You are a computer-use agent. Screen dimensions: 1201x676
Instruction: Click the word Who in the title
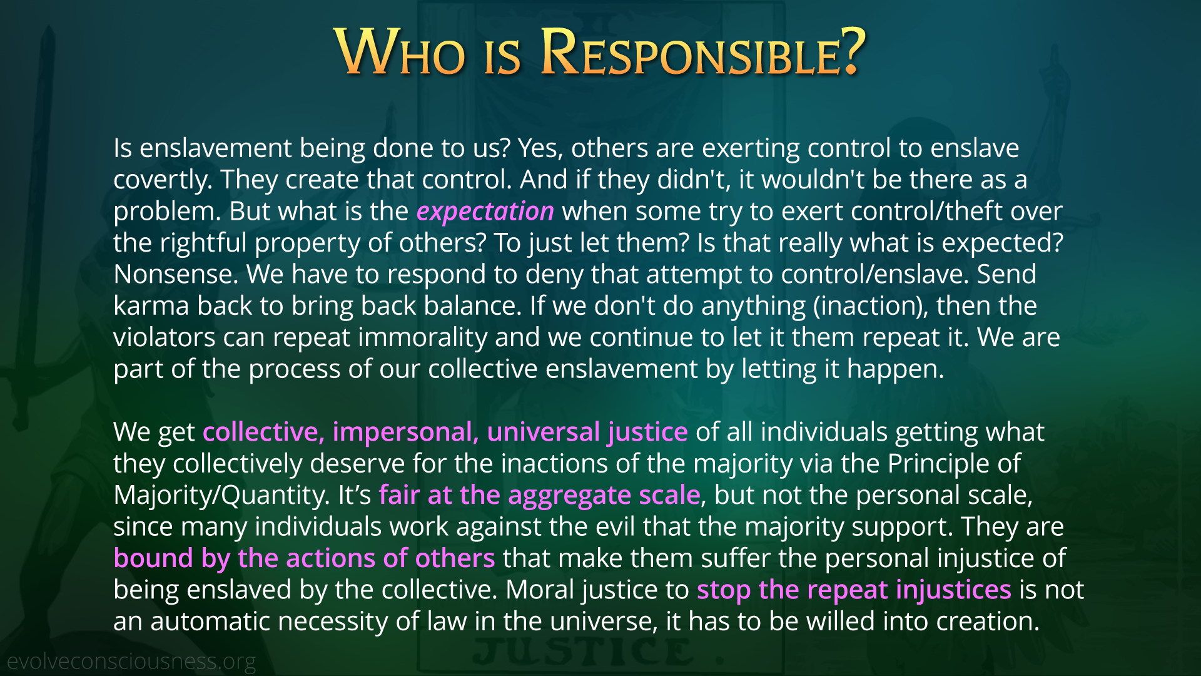coord(400,53)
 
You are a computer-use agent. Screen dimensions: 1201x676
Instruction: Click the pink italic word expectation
coord(485,212)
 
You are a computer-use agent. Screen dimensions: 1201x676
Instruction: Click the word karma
coord(151,306)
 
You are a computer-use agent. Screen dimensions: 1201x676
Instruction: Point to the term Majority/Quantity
coord(221,496)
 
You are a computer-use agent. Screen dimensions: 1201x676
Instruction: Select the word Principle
coord(938,464)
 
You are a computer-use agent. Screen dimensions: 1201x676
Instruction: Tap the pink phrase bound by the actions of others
coord(304,558)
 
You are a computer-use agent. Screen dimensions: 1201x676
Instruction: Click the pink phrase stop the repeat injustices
coord(854,590)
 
